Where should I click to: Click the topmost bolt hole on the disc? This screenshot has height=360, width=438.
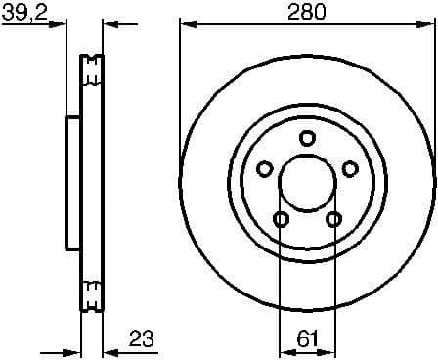306,138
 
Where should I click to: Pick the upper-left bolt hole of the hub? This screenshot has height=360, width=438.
263,169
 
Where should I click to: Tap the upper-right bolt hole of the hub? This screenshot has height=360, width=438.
349,169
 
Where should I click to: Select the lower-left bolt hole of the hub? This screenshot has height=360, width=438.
280,219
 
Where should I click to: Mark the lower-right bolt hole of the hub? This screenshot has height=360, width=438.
332,219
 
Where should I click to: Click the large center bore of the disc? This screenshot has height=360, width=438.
306,183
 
